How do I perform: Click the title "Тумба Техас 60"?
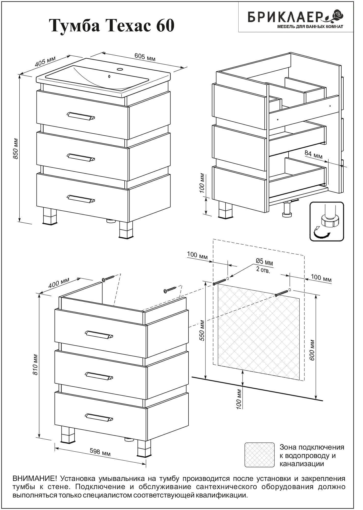[113, 26]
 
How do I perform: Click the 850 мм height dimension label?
[16, 149]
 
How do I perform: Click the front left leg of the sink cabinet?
[50, 216]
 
